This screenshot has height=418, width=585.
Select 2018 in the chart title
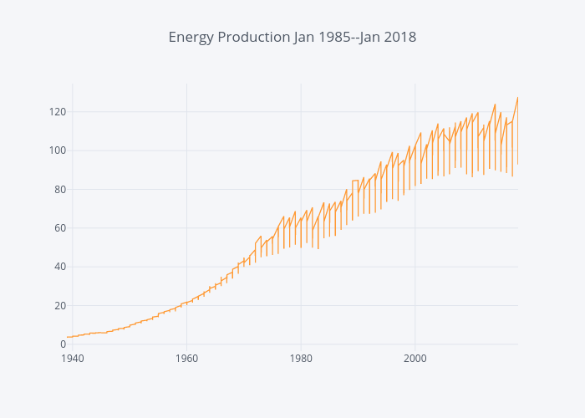[x=399, y=38]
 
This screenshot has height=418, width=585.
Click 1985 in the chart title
[x=332, y=38]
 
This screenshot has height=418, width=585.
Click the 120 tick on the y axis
[x=57, y=112]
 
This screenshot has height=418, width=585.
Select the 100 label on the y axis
[x=57, y=150]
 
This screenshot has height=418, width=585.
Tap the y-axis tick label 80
[x=59, y=189]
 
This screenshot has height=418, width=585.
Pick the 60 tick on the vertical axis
[x=59, y=228]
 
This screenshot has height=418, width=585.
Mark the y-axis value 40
[x=59, y=267]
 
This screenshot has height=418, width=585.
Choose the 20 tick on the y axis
[x=59, y=306]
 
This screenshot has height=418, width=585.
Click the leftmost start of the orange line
[x=68, y=337]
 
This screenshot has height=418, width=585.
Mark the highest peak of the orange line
[x=517, y=98]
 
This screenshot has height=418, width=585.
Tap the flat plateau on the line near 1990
[x=355, y=181]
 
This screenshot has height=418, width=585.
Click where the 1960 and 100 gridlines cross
[x=186, y=150]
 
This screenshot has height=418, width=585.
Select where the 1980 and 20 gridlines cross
[x=301, y=306]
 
